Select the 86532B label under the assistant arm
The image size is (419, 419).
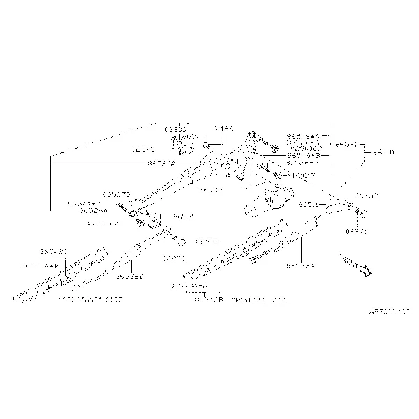[x=130, y=277]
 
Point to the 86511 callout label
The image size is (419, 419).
[x=308, y=205]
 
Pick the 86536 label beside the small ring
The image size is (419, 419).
[x=207, y=242]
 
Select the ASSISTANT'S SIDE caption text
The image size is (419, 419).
[x=89, y=298]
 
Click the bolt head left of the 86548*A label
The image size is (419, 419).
[x=275, y=147]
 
